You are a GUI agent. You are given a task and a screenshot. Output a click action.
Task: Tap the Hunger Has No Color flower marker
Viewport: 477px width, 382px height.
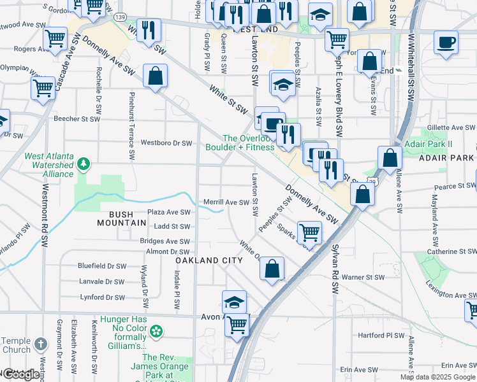156,332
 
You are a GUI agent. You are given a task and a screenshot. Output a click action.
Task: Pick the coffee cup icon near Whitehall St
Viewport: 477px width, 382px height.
446,43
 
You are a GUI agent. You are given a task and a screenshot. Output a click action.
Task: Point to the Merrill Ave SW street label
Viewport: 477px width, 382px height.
226,202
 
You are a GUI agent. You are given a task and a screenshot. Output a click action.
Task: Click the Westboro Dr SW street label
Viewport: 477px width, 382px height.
166,143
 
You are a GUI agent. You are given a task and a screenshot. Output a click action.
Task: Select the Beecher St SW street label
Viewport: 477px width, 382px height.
77,118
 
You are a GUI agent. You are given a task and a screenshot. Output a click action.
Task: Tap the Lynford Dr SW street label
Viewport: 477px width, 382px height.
102,297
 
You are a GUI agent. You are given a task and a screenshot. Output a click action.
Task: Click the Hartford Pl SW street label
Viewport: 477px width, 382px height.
381,335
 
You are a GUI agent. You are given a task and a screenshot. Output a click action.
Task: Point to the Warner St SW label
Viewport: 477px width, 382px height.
363,277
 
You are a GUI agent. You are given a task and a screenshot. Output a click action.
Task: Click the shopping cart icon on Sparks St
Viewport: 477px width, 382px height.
309,234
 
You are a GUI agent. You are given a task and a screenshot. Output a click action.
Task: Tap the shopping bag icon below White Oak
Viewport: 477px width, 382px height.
272,268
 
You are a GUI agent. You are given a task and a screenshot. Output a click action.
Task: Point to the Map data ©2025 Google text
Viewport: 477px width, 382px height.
437,377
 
